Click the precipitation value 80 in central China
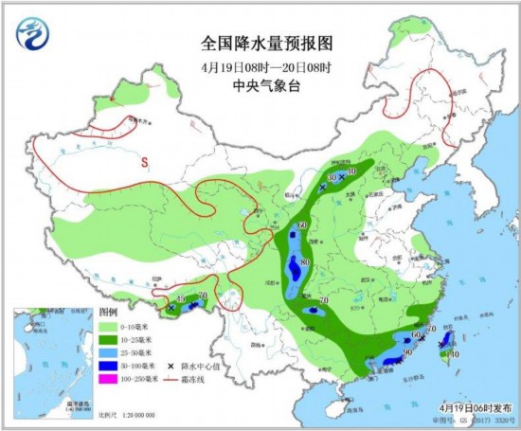coord(305,262)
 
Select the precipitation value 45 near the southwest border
coord(180,299)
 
